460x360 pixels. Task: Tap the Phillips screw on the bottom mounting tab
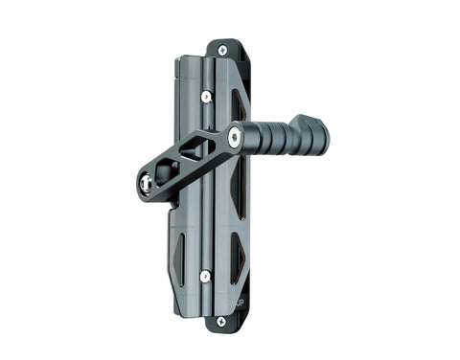[221, 321]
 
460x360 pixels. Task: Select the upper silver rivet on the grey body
[205, 96]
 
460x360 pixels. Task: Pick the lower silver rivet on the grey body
[205, 276]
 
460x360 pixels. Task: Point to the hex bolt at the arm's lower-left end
[147, 184]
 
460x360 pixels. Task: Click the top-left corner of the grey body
[179, 60]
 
